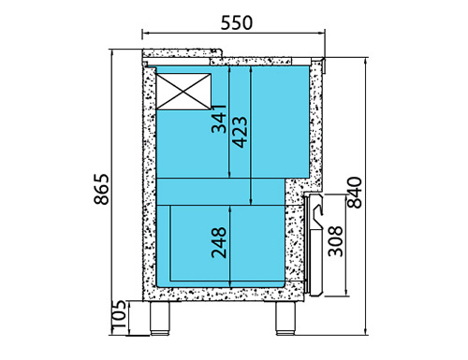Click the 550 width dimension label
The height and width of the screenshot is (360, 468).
pos(237,23)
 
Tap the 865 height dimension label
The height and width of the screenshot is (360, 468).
pos(102,189)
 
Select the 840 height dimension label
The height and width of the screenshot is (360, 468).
pos(355,193)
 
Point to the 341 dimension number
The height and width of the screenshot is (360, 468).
pos(219,119)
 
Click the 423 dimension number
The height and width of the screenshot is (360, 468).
pos(241,132)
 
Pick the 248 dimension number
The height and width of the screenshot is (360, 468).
pos(219,243)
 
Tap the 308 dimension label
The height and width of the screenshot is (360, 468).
pos(335,241)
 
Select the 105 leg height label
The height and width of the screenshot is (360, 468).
pos(119,314)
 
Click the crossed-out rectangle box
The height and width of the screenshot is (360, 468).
pos(183,92)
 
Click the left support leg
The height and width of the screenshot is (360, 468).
pos(160,318)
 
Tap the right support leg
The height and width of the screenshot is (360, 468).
pos(285,318)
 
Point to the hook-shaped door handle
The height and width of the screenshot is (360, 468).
pos(318,217)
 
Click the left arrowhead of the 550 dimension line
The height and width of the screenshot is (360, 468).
pos(145,32)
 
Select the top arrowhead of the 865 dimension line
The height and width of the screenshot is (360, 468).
pos(111,52)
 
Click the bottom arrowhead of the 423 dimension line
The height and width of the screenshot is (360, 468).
pos(251,202)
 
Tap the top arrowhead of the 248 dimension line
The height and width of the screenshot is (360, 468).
pos(230,209)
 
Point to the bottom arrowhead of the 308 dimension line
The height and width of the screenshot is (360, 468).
pos(346,293)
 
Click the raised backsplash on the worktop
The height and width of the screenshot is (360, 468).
pos(183,53)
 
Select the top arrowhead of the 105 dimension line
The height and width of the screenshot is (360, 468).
pos(129,304)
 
